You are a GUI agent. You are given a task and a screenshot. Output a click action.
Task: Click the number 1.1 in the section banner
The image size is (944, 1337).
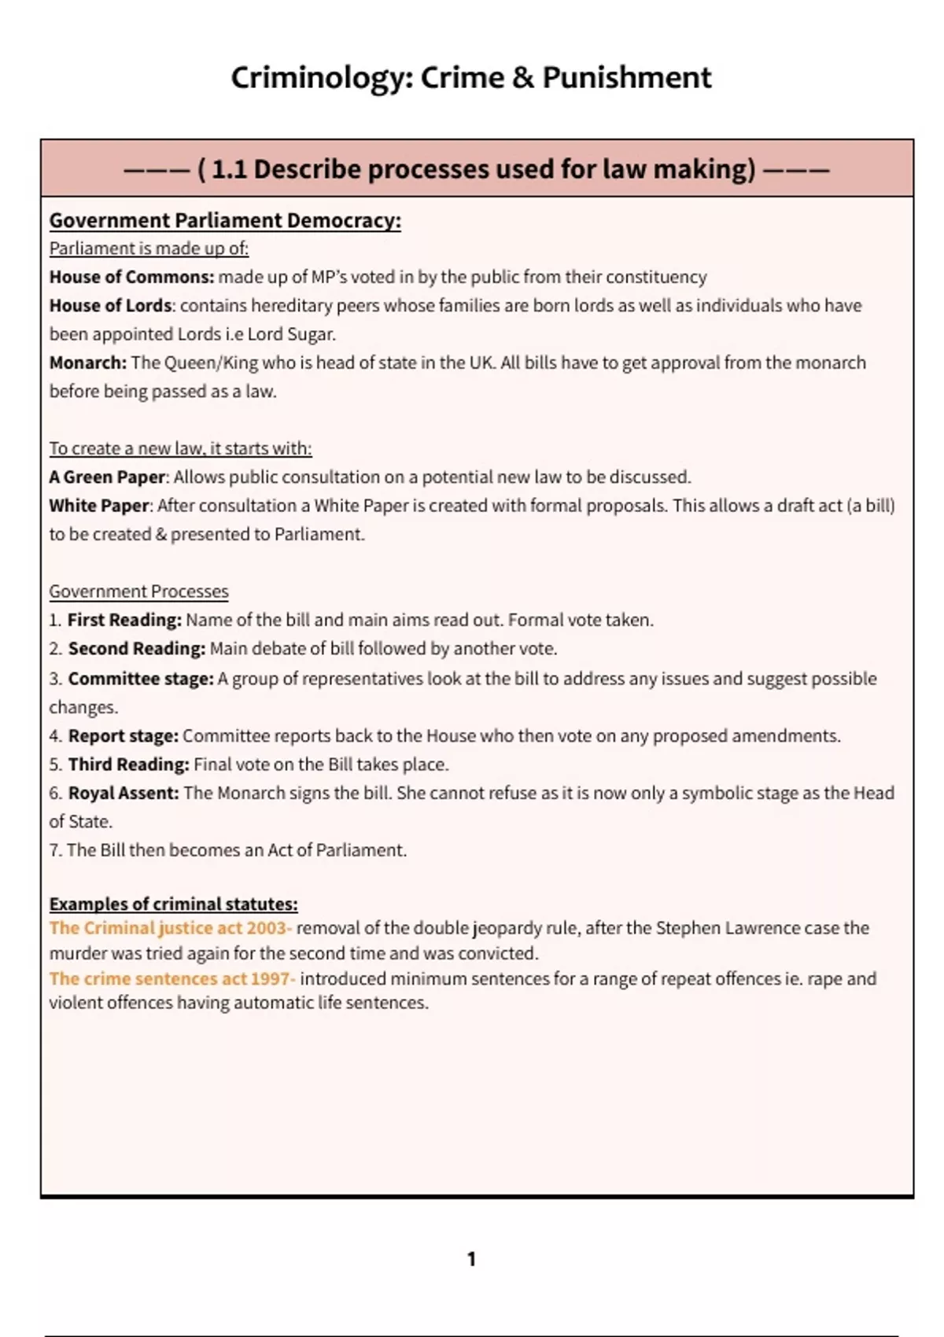(x=229, y=169)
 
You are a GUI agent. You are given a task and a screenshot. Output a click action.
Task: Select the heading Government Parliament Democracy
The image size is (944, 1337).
(x=225, y=220)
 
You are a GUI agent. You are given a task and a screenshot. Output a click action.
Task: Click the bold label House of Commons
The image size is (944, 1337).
(x=131, y=277)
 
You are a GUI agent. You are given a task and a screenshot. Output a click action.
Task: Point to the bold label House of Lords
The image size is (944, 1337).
(x=110, y=305)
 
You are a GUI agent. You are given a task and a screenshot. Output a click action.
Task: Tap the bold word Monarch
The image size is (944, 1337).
(x=87, y=363)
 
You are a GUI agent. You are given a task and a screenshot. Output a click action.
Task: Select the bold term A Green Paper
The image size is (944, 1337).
(x=107, y=477)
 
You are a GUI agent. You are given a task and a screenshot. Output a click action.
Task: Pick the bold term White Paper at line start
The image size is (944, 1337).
(x=98, y=506)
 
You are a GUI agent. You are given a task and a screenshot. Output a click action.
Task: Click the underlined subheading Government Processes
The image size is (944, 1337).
(x=138, y=591)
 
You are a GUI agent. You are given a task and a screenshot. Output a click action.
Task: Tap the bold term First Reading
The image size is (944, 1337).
(x=124, y=620)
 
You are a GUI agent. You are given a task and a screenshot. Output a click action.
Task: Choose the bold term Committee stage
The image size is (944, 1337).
(x=141, y=678)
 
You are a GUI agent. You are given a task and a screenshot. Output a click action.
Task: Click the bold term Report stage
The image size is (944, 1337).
(x=124, y=735)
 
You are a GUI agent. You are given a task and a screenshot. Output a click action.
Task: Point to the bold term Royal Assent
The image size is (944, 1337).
(x=124, y=793)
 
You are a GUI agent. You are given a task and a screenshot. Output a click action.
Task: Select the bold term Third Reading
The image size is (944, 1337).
(x=128, y=764)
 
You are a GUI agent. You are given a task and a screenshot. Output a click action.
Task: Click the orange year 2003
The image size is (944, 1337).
(x=266, y=928)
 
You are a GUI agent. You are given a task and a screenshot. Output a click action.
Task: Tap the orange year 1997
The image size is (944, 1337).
(x=271, y=978)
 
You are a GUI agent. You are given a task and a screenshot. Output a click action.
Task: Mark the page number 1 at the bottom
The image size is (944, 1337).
(x=471, y=1259)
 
